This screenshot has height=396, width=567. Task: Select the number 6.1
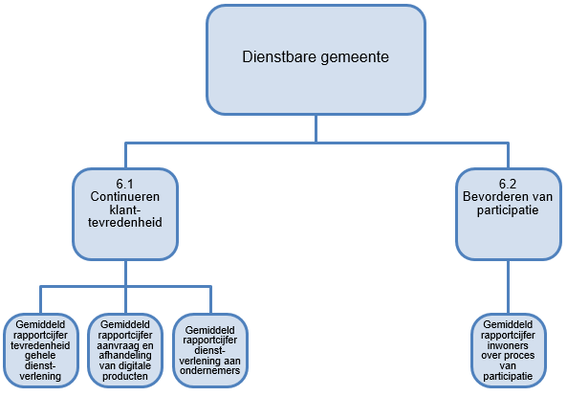[125, 184]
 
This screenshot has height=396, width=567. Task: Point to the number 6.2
[508, 184]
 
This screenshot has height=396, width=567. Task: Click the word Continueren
[125, 197]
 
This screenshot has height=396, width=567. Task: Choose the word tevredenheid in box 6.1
[125, 223]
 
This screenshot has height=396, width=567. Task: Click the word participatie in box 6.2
[508, 210]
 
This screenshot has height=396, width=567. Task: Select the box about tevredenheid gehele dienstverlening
[41, 350]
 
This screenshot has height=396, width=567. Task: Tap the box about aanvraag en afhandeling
[125, 350]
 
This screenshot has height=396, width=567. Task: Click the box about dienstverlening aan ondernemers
[210, 350]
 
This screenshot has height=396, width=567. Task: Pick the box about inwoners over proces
[508, 350]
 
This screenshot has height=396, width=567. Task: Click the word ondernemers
[210, 371]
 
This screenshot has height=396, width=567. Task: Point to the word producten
[125, 377]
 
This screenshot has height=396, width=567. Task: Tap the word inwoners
[508, 345]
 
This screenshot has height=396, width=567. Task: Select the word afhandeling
[125, 356]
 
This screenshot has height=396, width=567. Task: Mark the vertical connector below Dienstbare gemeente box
[316, 128]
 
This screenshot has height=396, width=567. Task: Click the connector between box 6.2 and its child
[508, 287]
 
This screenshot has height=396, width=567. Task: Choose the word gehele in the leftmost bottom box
[40, 356]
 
